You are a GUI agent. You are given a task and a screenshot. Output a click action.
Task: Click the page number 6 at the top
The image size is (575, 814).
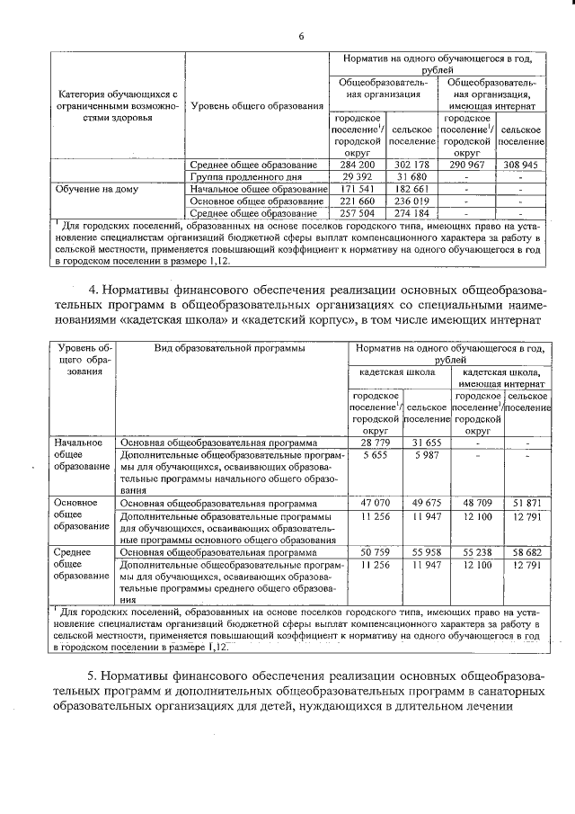coord(301,36)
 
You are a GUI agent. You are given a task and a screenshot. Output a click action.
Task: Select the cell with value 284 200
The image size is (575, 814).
coord(358,165)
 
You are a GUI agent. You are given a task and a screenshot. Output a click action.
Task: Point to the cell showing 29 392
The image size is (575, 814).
coord(358,178)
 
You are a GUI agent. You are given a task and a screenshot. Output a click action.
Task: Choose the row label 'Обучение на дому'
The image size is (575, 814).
coord(96,190)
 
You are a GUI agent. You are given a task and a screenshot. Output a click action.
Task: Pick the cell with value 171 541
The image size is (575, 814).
coord(358,190)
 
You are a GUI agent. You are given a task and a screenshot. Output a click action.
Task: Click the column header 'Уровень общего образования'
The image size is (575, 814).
coord(257,106)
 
